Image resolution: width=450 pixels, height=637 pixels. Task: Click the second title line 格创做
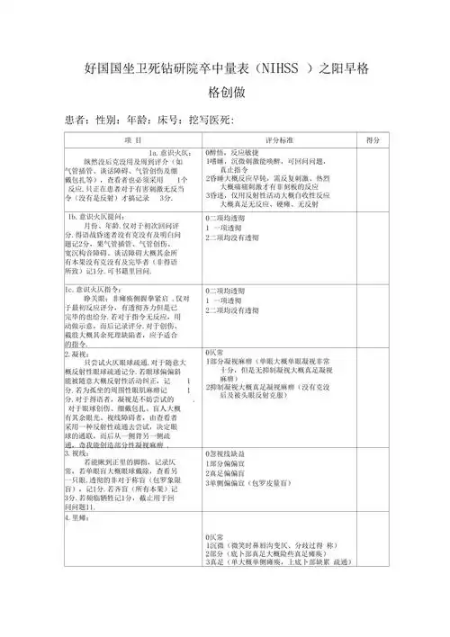click(x=226, y=93)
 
